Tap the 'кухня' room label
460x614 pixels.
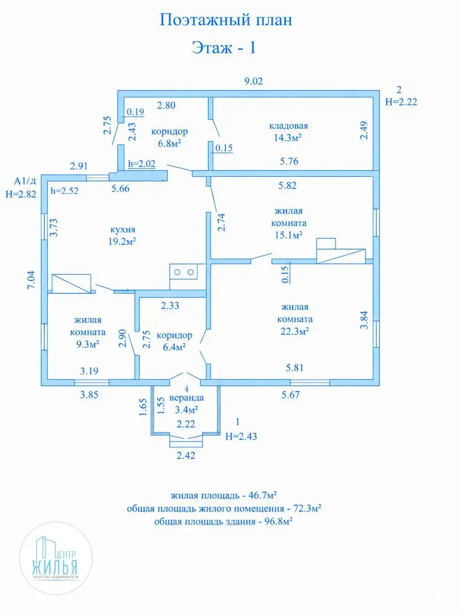pos(123,229)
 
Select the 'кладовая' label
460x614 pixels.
pos(289,126)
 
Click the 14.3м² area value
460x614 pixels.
pos(287,138)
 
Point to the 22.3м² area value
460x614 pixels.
pos(295,331)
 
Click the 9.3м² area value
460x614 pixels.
pos(88,344)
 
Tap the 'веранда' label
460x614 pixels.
pos(186,398)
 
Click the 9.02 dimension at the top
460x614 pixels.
pos(253,81)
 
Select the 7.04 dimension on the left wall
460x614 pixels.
pos(31,280)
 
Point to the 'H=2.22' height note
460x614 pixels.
pos(401,102)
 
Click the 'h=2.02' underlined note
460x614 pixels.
pos(141,163)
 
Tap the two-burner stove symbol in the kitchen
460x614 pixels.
pos(184,272)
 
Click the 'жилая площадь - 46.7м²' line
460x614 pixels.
pos(224,496)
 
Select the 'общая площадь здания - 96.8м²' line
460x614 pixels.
pos(223,521)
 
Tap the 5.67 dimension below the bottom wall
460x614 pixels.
pos(290,395)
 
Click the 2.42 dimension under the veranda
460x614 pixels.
pos(186,455)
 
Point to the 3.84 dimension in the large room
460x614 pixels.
pos(364,320)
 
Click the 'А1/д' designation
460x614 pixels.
pos(25,181)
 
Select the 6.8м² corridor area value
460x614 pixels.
pos(169,143)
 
